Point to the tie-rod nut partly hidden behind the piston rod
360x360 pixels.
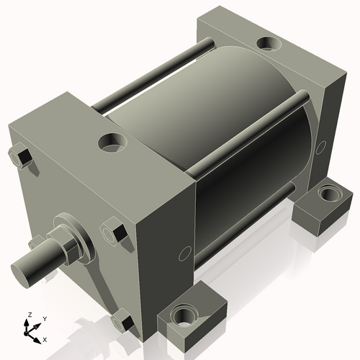tap(36, 242)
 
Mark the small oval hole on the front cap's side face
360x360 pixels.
tap(185, 253)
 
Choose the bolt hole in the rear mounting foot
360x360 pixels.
tap(329, 193)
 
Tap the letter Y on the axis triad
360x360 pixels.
tap(44, 318)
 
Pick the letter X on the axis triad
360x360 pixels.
tap(45, 338)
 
